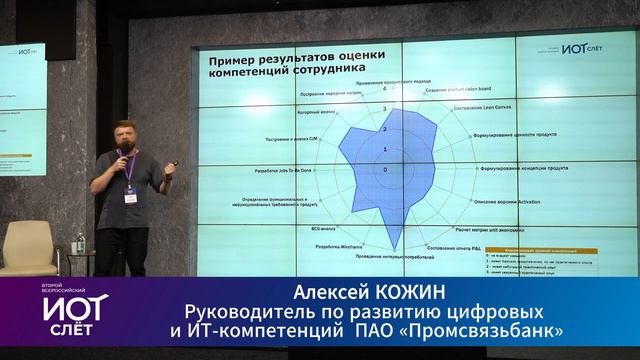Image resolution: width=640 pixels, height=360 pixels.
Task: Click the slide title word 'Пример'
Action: [x=230, y=62]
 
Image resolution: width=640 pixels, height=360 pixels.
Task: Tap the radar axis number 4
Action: [x=385, y=90]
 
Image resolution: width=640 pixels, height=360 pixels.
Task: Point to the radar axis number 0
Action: [x=385, y=168]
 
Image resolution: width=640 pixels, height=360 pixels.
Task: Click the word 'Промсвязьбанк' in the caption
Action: [x=500, y=329]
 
